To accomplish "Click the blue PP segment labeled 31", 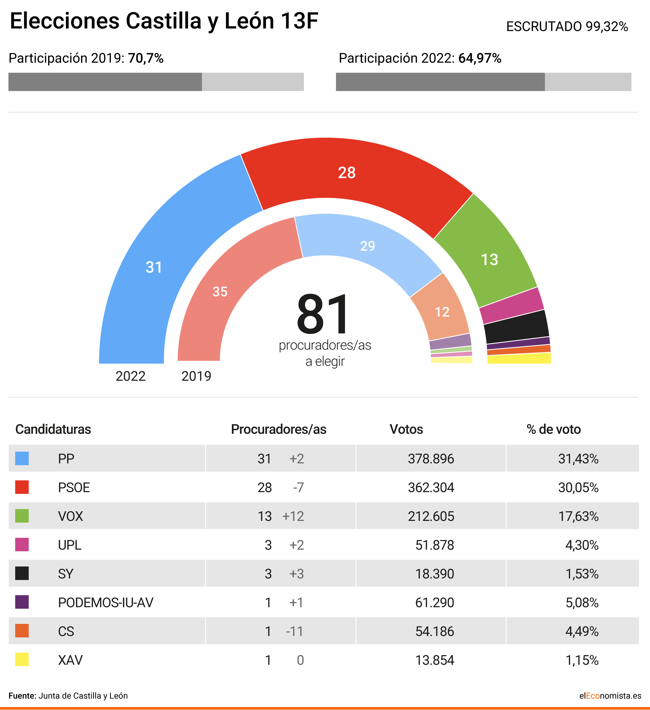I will pos(154,267).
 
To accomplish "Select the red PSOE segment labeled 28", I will pos(347,173).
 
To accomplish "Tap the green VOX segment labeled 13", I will pos(489,259).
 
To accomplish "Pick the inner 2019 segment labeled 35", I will pos(220,292).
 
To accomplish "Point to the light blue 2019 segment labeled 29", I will pos(367,246).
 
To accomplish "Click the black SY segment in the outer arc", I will pos(516,327).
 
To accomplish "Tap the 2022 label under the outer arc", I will pos(130,376).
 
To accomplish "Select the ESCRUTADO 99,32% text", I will pos(567,27).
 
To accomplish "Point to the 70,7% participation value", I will pos(146,58).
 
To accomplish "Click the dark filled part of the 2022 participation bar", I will pos(440,82).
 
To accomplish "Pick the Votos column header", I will pos(406,429).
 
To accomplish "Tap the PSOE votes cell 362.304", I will pos(431,487).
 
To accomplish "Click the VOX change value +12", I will pos(293,516).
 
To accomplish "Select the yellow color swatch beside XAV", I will pos(22,660).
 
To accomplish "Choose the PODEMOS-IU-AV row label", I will pos(106,603).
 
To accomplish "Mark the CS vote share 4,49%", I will pos(582,631).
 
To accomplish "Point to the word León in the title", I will pos(249,21).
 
